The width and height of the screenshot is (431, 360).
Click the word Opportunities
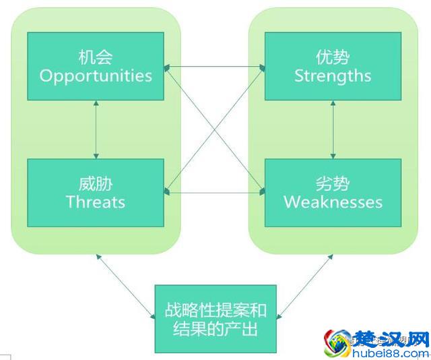tap(96, 75)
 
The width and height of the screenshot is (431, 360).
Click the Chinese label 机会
tap(96, 55)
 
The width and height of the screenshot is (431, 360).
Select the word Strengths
tap(333, 75)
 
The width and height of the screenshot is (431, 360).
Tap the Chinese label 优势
tap(333, 55)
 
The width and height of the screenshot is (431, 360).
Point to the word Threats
tap(96, 202)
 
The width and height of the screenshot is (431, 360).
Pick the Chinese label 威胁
tap(96, 182)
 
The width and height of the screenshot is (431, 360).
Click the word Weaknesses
tap(333, 202)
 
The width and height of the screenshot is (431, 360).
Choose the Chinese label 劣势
tap(333, 182)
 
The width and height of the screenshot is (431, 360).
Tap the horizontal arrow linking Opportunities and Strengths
tap(214, 67)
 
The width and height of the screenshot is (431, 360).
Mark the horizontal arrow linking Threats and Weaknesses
tap(214, 193)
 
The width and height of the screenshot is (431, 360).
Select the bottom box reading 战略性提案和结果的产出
tap(215, 319)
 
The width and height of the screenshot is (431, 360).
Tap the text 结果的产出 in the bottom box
tap(215, 330)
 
